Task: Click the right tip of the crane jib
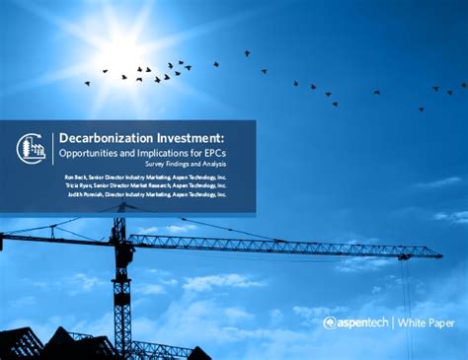pos(413,253)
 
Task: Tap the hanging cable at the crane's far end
pos(406,306)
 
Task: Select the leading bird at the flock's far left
pos(87,84)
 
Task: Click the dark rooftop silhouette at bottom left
pos(30,344)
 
